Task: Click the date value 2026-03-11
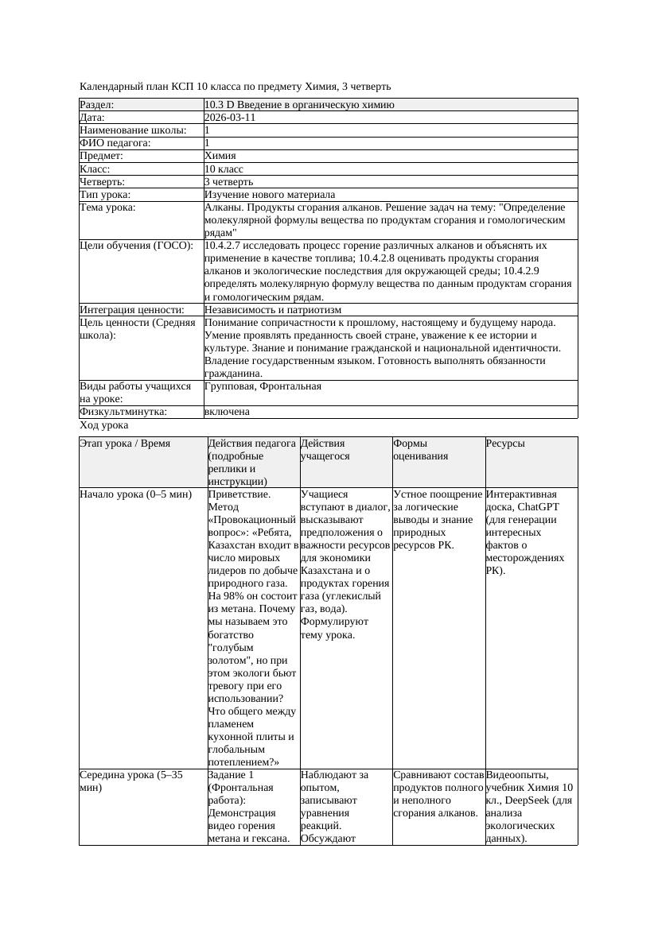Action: point(230,118)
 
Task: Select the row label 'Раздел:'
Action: point(97,105)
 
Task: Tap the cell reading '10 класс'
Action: point(224,169)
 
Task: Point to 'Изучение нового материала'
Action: point(270,195)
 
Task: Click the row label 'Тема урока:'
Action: point(107,207)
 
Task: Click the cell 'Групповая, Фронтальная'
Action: point(263,386)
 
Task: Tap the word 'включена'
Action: point(227,412)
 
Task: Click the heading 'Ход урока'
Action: point(104,425)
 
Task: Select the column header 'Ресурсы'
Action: point(505,444)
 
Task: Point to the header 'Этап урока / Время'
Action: point(125,444)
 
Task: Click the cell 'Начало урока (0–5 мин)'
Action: point(136,494)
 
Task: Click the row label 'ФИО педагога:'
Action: point(115,143)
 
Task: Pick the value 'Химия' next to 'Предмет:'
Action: point(220,156)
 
